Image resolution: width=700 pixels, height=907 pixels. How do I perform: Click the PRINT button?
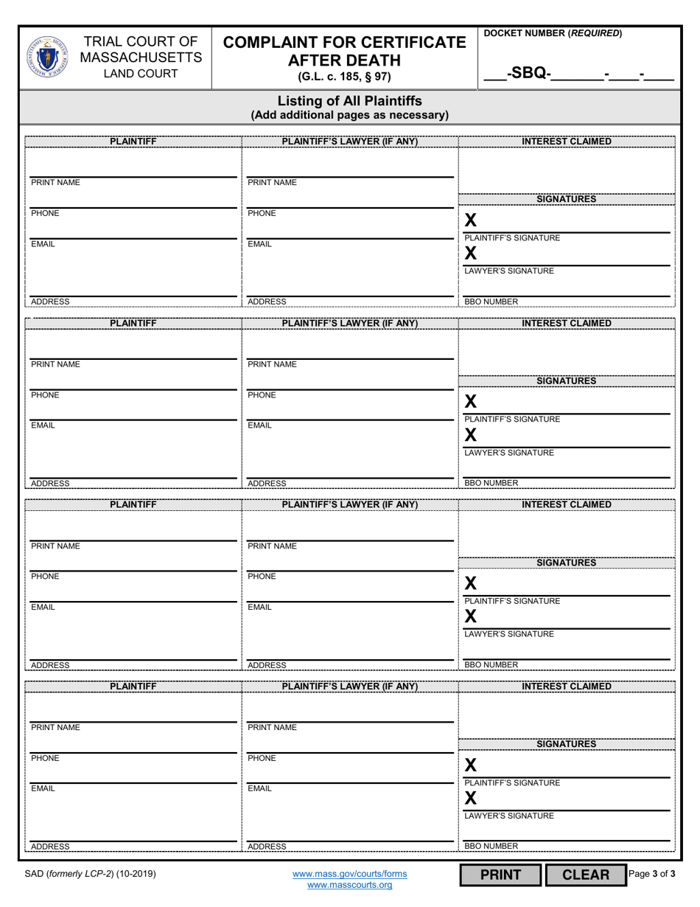pyautogui.click(x=500, y=875)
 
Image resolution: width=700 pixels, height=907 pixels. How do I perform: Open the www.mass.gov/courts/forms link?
pyautogui.click(x=349, y=874)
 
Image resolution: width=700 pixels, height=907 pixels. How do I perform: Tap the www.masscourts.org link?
pyautogui.click(x=349, y=885)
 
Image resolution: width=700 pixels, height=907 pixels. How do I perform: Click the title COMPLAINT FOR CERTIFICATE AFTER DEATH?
pyautogui.click(x=345, y=51)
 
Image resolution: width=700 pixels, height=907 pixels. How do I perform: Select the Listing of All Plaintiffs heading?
pyautogui.click(x=349, y=101)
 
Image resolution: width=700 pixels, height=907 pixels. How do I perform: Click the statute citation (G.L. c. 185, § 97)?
pyautogui.click(x=344, y=77)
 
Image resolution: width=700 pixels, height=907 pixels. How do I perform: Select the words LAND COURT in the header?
pyautogui.click(x=140, y=74)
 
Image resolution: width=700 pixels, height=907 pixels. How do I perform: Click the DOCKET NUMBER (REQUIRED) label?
pyautogui.click(x=553, y=33)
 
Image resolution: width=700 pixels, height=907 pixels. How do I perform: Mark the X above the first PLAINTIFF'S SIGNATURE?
pyautogui.click(x=471, y=220)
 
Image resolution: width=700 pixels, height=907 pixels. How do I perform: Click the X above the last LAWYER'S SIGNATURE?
pyautogui.click(x=471, y=798)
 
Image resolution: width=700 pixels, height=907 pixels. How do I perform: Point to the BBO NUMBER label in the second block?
pyautogui.click(x=491, y=483)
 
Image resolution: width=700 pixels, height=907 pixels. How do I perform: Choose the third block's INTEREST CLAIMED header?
pyautogui.click(x=566, y=504)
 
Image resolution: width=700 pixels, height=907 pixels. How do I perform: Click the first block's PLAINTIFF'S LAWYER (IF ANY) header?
pyautogui.click(x=350, y=142)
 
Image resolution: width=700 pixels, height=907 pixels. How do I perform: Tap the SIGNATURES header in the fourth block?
pyautogui.click(x=566, y=744)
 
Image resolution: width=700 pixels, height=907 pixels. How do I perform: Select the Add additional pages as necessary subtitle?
pyautogui.click(x=349, y=115)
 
